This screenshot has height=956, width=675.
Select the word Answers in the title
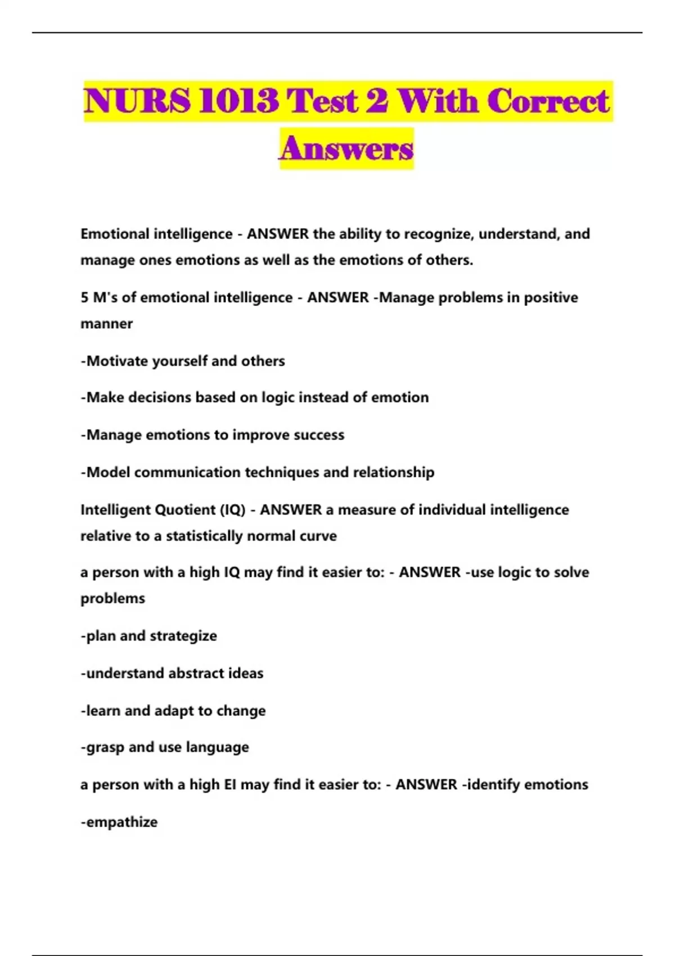(x=346, y=148)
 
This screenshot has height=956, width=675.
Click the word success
(x=319, y=435)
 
